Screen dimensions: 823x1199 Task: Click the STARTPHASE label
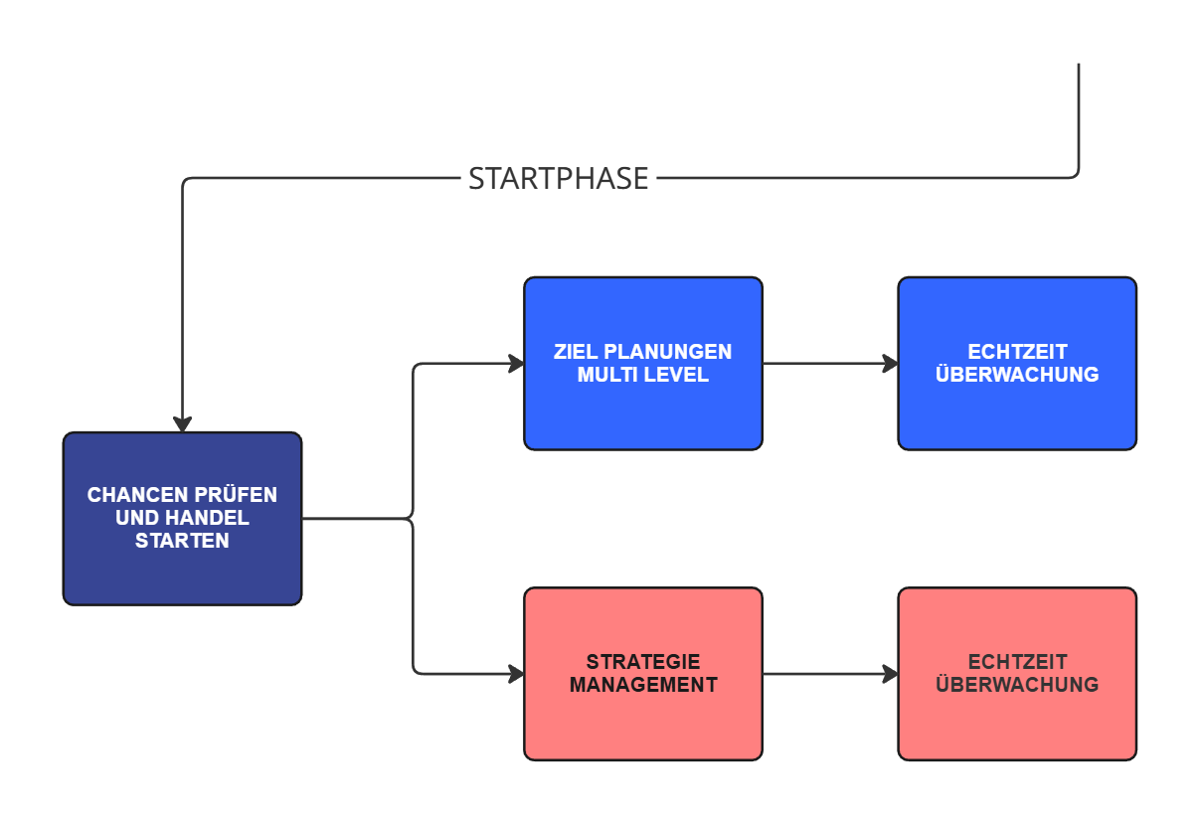pos(558,179)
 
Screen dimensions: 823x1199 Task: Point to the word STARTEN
pos(182,542)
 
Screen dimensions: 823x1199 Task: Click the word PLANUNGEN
pos(668,352)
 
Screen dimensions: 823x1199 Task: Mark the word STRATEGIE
pos(643,662)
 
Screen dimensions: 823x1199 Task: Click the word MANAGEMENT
pos(643,685)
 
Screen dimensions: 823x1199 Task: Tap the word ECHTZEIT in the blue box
pos(1017,352)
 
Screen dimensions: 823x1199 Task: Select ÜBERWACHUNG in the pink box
pos(1017,685)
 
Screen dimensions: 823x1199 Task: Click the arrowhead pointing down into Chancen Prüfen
pos(182,423)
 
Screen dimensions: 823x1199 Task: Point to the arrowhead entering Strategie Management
pos(516,674)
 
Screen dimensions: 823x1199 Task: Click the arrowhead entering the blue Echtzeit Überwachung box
pos(890,364)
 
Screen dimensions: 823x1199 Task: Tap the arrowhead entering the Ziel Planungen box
pos(516,364)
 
